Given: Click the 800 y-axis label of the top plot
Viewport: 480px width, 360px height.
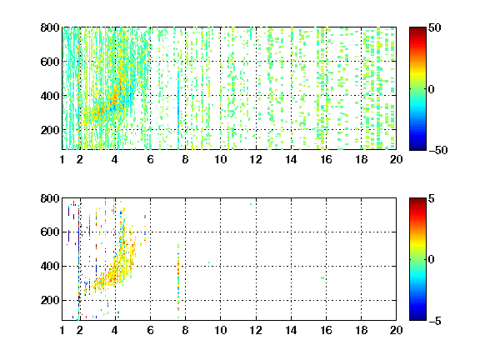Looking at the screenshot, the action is coord(50,27).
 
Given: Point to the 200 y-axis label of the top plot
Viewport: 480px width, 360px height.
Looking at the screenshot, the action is coord(50,130).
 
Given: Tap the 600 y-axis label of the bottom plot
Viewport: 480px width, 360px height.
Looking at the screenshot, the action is coord(50,232).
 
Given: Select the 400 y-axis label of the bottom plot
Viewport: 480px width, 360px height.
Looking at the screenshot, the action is coord(50,266).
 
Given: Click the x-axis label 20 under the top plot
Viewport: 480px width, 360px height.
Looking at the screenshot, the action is coord(396,159).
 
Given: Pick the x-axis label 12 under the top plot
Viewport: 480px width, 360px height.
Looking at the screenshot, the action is coord(256,159).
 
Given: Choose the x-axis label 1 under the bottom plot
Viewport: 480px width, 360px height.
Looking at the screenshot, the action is coord(62,330).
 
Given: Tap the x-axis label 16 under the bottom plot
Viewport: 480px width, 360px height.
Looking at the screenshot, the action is coord(326,330).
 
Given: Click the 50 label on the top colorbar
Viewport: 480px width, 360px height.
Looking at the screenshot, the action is coord(434,27).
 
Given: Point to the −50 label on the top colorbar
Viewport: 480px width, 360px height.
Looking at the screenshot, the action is coord(437,150).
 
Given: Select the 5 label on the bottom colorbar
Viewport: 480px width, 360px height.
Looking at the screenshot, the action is coord(432,198).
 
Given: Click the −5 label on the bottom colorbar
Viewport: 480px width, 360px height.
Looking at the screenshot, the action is coord(435,321).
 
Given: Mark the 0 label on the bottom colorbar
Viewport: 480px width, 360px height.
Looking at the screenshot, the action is coord(432,260).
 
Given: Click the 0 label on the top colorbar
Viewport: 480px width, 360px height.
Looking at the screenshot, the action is coord(432,89).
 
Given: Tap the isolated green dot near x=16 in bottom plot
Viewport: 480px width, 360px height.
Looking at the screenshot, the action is coord(322,278).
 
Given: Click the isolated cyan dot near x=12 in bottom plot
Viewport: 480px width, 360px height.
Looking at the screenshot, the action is coord(251,204).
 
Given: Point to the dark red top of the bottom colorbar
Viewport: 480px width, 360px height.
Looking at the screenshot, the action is coord(417,201).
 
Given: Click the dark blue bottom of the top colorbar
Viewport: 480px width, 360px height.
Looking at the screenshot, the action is coord(417,147).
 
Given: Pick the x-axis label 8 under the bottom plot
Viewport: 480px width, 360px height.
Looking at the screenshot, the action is coord(185,330).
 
